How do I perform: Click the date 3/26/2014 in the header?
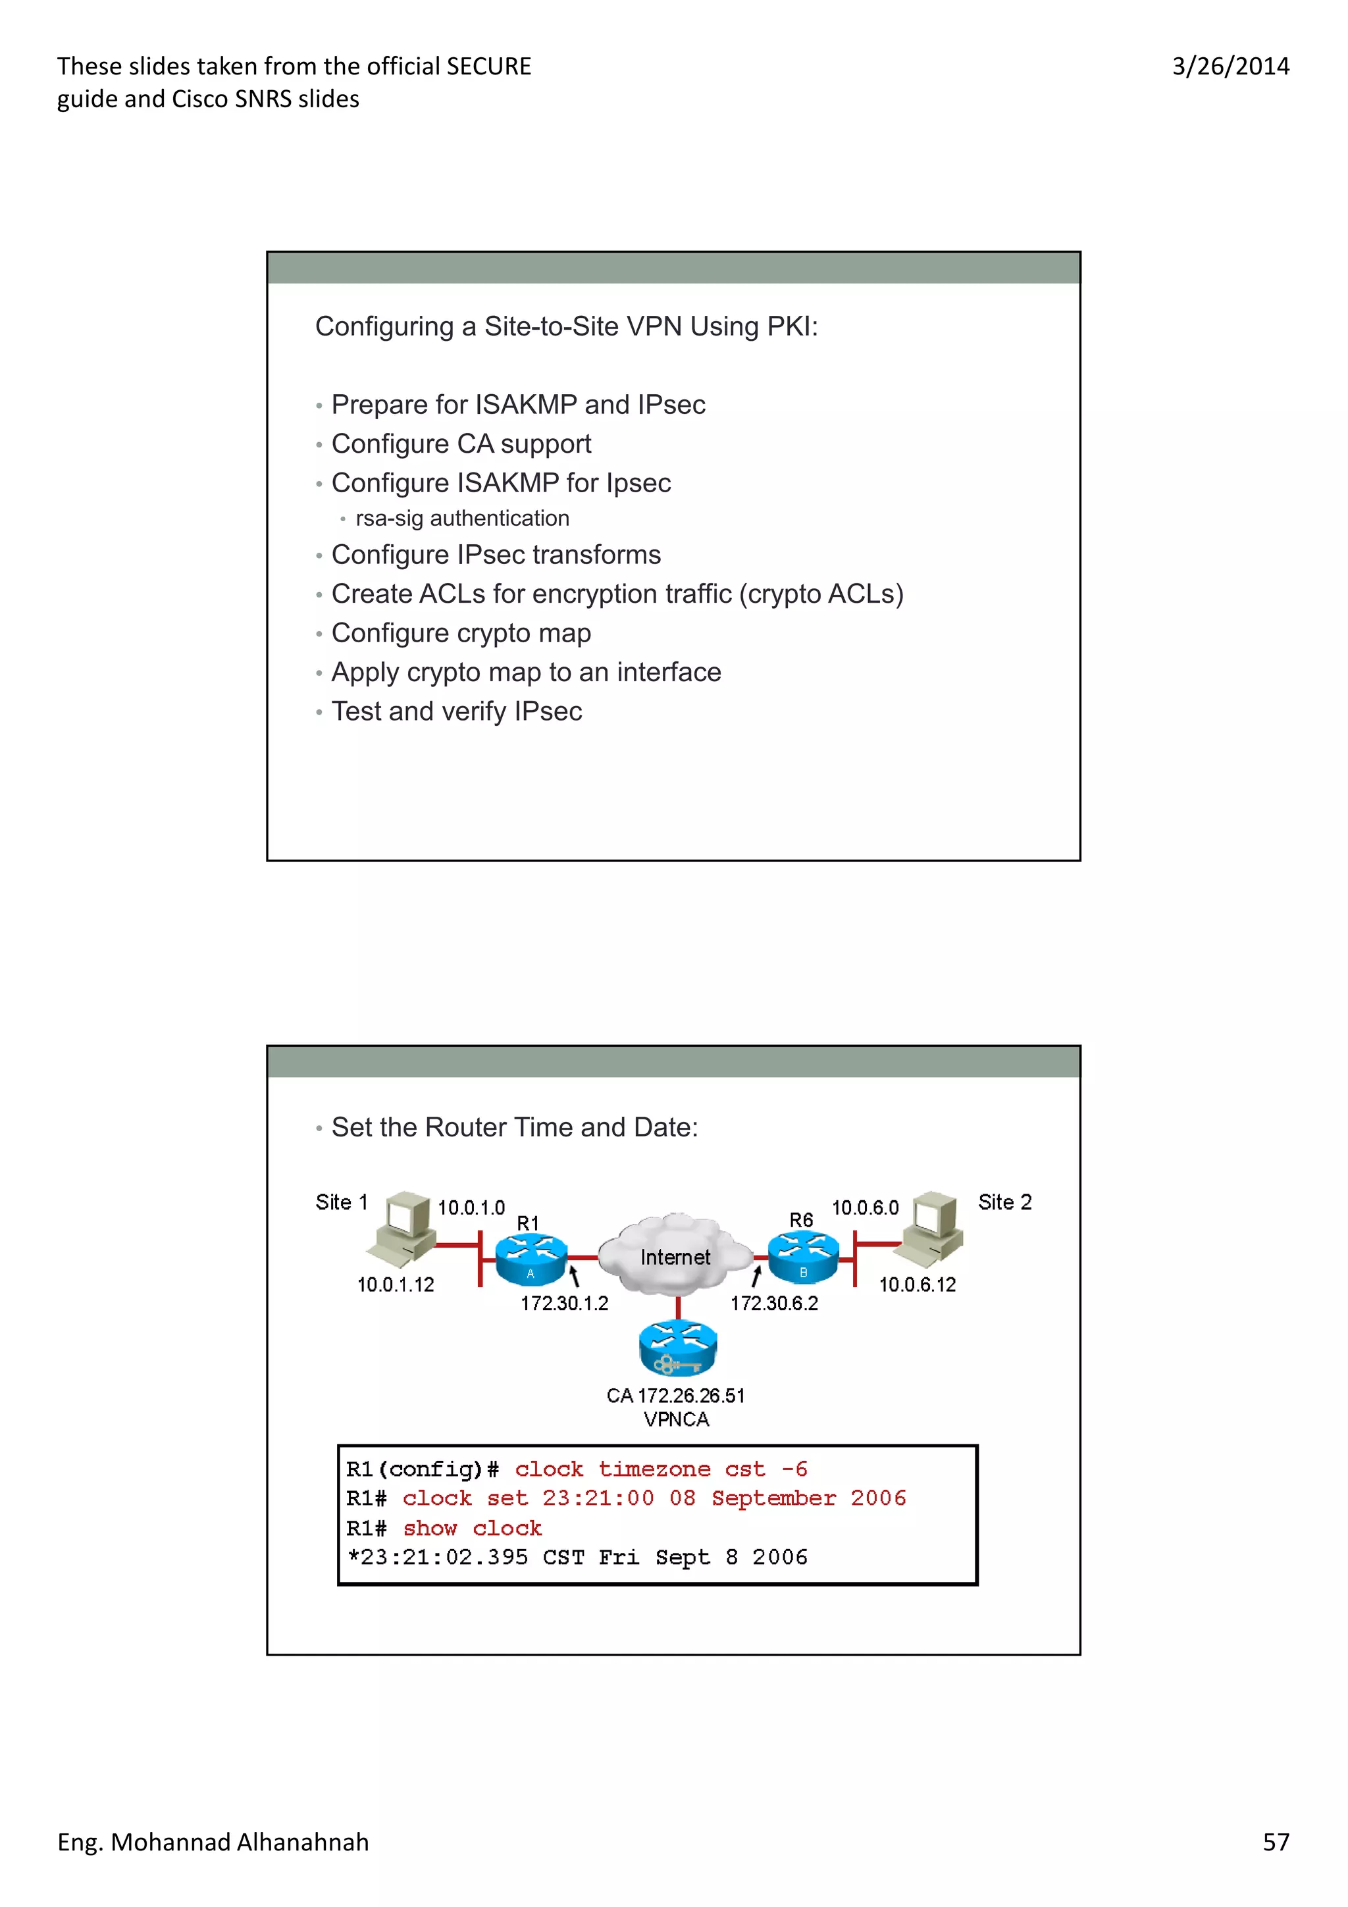[x=1230, y=66]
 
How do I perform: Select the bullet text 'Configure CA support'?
[x=461, y=444]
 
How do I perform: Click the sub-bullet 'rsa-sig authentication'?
[x=462, y=519]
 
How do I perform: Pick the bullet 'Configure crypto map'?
[x=461, y=633]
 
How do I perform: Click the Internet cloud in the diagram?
[x=675, y=1254]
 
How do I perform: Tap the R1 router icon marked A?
[x=531, y=1258]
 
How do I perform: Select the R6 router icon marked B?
[x=803, y=1257]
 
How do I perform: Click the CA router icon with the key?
[x=678, y=1347]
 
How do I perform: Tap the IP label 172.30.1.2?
[x=564, y=1303]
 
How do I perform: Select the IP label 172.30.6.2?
[x=774, y=1303]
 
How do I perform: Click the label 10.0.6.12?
[x=917, y=1285]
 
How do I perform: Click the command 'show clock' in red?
[x=472, y=1528]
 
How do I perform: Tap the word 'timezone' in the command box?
[x=654, y=1469]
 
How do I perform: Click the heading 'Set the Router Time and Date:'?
[x=514, y=1127]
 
